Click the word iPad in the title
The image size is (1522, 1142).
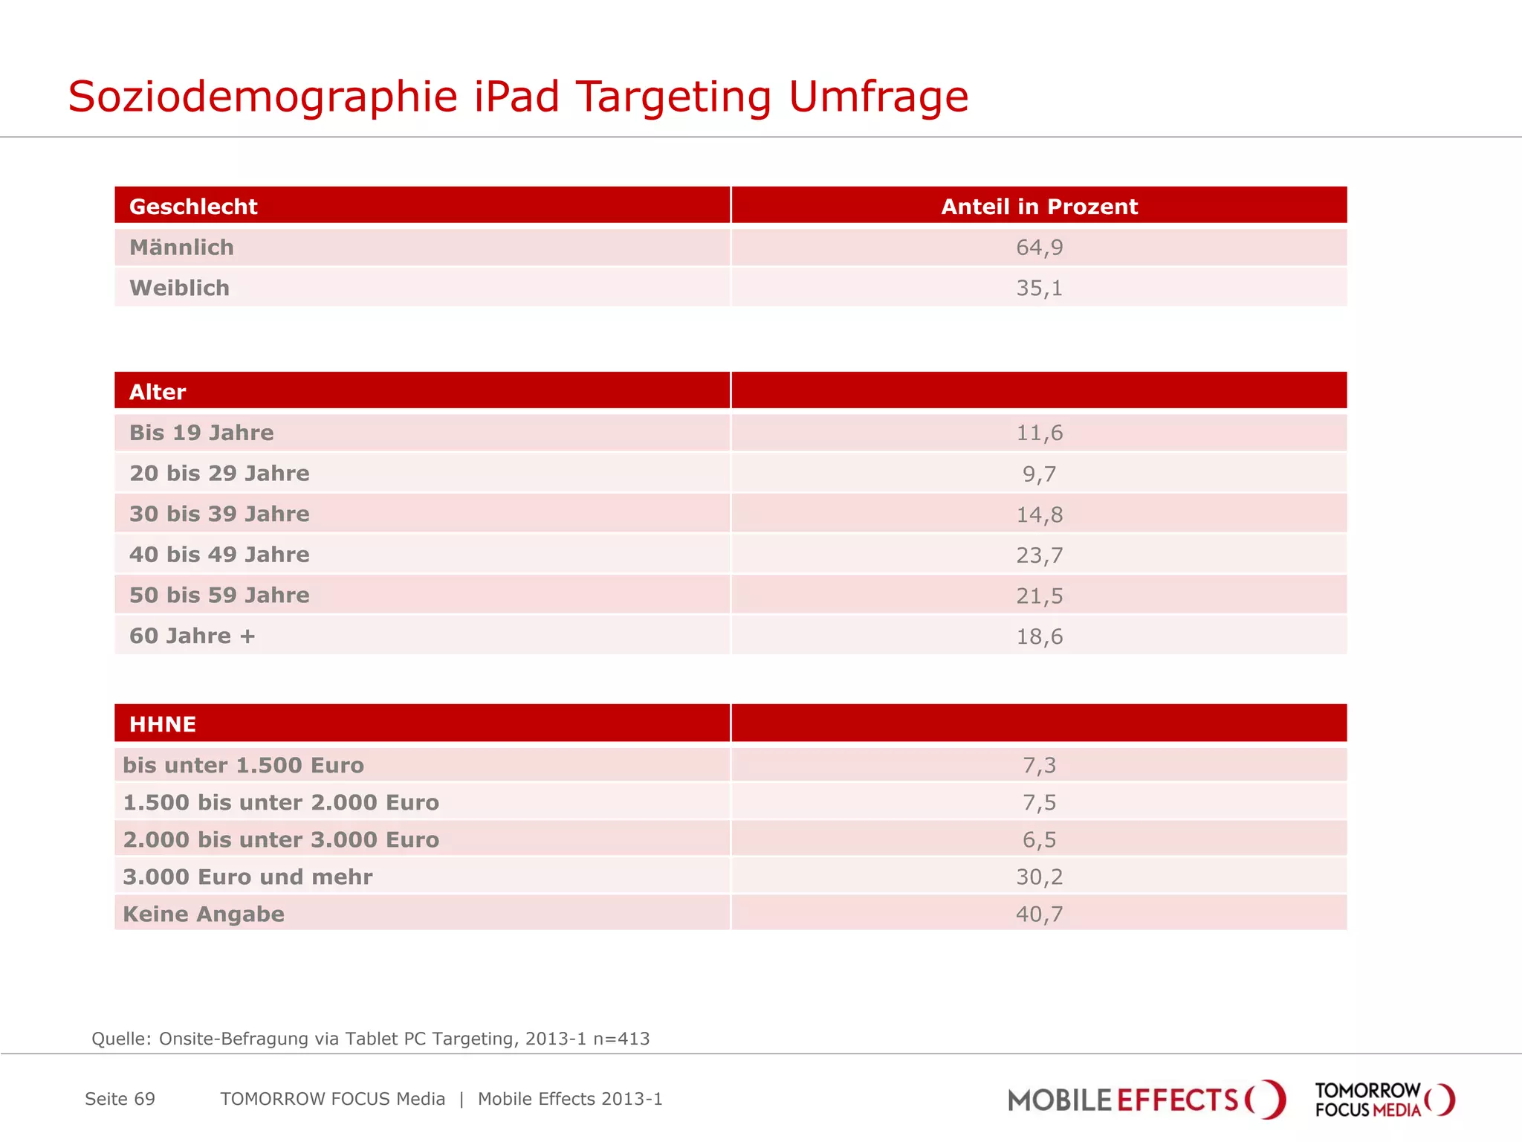[516, 97]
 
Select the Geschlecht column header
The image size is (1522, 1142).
[193, 207]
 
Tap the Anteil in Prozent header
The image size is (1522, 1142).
[1039, 207]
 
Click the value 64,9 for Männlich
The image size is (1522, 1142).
[1039, 248]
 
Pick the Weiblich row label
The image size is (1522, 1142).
[179, 288]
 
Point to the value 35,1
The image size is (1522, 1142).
[1039, 288]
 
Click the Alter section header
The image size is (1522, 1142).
[158, 392]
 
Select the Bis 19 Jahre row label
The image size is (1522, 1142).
[201, 433]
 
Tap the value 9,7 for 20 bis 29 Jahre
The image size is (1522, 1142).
[1039, 474]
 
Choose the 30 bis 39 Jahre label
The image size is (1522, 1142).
[219, 514]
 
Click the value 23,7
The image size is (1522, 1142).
[1039, 555]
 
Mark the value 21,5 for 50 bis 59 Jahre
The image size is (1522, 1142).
[1039, 596]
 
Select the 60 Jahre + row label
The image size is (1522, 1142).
[192, 636]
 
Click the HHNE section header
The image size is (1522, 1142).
[163, 724]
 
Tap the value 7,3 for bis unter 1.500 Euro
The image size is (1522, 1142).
[1039, 765]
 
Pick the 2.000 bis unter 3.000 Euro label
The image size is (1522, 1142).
[281, 839]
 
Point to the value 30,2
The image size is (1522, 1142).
[1039, 877]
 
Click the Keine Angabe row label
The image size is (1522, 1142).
[204, 914]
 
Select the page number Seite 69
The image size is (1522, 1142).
[120, 1099]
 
